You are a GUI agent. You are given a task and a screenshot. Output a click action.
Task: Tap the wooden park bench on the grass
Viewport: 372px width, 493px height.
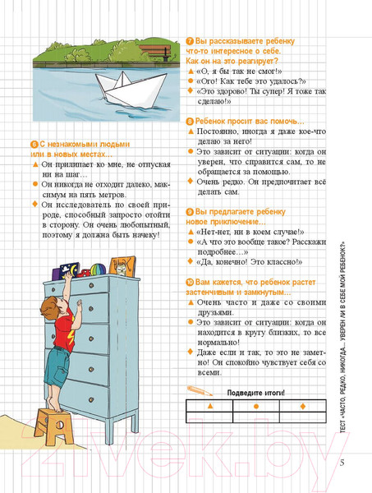155,53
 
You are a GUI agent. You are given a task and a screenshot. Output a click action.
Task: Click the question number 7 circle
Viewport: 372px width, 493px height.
190,41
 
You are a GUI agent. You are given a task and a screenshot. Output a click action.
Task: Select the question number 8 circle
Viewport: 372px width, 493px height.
190,122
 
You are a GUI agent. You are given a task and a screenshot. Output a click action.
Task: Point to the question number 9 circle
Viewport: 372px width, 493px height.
190,212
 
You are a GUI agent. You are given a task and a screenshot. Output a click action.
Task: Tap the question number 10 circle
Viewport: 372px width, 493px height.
190,283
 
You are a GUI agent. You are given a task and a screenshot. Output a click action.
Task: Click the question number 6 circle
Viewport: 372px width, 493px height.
34,145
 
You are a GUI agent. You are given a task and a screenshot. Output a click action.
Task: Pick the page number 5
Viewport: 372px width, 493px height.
342,463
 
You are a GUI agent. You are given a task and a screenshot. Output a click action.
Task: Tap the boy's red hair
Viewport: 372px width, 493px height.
49,307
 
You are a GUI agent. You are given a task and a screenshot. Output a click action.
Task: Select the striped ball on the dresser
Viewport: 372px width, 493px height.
98,270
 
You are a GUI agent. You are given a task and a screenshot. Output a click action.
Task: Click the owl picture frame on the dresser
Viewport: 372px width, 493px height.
122,266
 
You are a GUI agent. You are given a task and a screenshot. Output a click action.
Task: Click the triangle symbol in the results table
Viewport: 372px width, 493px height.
210,406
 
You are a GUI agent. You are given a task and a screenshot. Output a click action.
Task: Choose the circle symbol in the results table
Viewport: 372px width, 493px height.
256,406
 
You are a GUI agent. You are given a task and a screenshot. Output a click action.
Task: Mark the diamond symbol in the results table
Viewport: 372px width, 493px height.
303,406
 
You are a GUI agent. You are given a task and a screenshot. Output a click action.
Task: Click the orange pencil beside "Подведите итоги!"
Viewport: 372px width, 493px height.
200,390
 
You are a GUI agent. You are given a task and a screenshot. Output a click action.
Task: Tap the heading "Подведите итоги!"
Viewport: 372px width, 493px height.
255,393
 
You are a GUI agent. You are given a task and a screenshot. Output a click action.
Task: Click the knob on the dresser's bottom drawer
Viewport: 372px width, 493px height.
91,399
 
